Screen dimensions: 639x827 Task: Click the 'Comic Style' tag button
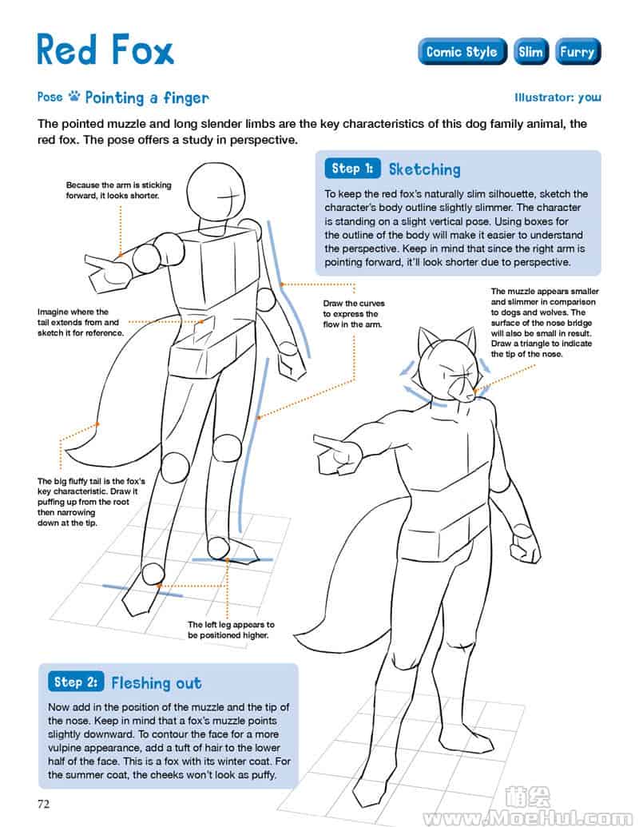click(462, 52)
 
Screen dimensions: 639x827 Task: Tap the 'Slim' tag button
click(531, 52)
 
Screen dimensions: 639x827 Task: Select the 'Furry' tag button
click(577, 52)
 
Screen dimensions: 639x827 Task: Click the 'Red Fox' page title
click(105, 50)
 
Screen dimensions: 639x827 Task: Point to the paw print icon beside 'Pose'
click(73, 96)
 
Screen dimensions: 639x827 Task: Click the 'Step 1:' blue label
click(352, 169)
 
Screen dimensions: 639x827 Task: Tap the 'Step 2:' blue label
click(76, 682)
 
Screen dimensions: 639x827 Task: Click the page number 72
click(44, 804)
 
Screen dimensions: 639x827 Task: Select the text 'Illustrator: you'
click(558, 97)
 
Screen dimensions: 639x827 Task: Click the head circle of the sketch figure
click(216, 190)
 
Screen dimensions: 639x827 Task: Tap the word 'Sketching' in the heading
click(425, 169)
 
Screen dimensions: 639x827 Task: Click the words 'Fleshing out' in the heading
click(157, 683)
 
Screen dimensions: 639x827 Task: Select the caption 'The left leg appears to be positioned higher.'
click(231, 630)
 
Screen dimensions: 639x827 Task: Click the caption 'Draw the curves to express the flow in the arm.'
click(354, 314)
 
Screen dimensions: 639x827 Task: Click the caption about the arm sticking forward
click(119, 190)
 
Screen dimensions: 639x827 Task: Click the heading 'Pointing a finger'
click(147, 97)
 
